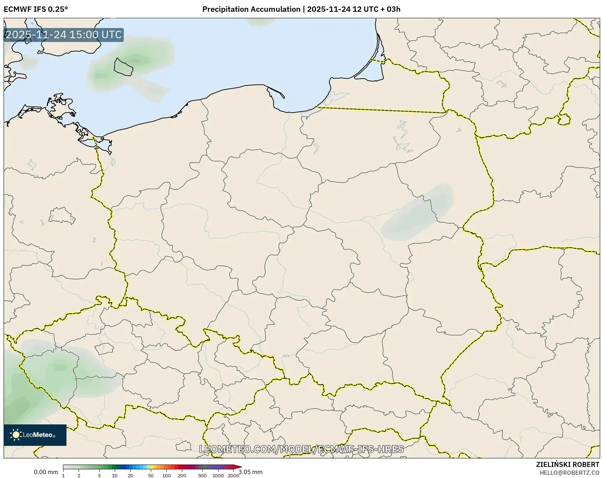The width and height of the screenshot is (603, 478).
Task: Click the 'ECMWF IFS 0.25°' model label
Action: click(x=35, y=9)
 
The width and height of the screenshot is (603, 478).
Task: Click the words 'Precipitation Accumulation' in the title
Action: click(x=251, y=9)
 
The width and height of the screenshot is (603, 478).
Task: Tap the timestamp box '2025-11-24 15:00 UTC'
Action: click(x=64, y=35)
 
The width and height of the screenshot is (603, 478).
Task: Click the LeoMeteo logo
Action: click(x=35, y=435)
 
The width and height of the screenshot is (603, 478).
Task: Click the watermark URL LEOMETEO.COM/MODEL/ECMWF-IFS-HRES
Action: click(x=301, y=449)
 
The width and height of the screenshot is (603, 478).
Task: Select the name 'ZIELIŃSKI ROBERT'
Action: click(x=567, y=464)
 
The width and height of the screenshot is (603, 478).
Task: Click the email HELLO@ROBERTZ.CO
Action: click(x=569, y=472)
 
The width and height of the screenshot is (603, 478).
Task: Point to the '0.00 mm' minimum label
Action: click(x=46, y=472)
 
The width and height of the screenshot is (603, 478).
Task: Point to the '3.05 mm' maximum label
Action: click(x=251, y=472)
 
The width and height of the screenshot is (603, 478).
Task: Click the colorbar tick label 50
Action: click(x=151, y=475)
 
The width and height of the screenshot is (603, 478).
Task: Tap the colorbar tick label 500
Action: click(x=202, y=475)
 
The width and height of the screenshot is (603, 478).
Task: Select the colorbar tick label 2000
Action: click(x=233, y=475)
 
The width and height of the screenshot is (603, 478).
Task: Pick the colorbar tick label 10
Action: click(x=115, y=475)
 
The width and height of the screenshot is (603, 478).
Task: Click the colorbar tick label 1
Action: click(x=63, y=475)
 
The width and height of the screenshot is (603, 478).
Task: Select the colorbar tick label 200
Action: click(x=182, y=475)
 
